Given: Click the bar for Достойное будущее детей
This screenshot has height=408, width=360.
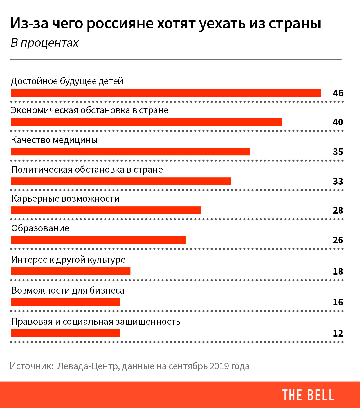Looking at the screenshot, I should click(166, 93).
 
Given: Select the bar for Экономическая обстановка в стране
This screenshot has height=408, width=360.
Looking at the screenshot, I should click(146, 122).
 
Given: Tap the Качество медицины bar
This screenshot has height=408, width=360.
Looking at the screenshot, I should click(130, 152).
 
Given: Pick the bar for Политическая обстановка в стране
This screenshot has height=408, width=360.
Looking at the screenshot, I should click(121, 181).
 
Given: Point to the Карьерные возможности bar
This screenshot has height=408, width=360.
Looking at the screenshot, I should click(106, 210).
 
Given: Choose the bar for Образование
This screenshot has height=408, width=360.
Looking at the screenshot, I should click(98, 240).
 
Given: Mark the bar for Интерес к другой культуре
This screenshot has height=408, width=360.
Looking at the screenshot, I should click(71, 271).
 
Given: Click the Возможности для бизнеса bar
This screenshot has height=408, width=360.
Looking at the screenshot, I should click(65, 302).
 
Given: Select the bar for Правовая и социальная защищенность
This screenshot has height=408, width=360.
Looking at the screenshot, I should click(65, 333).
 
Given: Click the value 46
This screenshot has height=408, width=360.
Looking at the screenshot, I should click(338, 93).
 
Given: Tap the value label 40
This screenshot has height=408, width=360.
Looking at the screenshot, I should click(338, 122).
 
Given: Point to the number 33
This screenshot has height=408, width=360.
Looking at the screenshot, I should click(338, 181).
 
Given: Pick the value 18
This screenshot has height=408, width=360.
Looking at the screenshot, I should click(338, 271).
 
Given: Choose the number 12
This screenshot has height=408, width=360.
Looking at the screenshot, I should click(338, 333).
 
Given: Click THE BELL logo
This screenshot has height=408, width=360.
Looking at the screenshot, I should click(308, 395).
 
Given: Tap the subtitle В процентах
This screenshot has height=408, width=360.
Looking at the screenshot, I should click(44, 43).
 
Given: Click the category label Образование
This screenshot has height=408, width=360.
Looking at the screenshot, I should click(40, 228).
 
